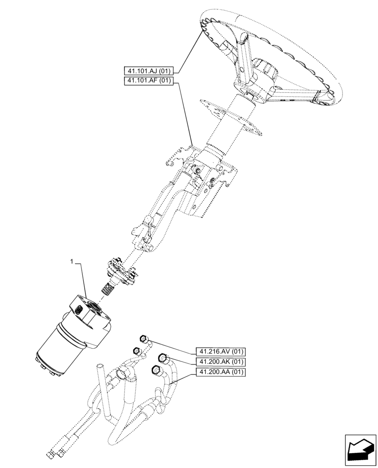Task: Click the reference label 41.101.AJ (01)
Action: click(x=148, y=71)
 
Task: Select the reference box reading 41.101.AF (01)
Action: click(x=148, y=81)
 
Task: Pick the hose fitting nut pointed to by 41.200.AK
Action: click(x=162, y=358)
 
